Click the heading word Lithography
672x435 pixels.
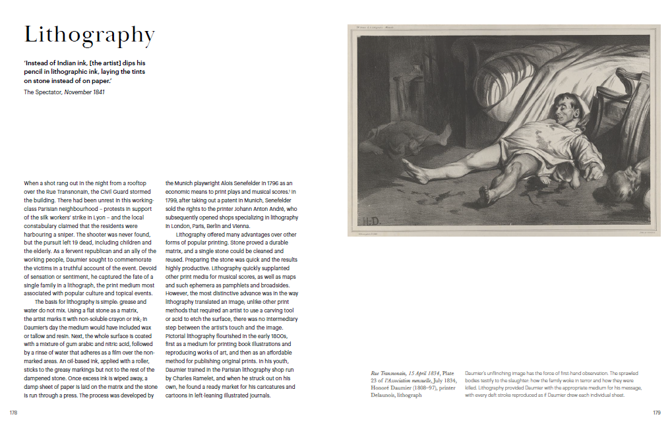(x=89, y=35)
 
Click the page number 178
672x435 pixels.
(x=13, y=413)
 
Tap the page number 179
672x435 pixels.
(x=656, y=413)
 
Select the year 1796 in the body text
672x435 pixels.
(x=260, y=183)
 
